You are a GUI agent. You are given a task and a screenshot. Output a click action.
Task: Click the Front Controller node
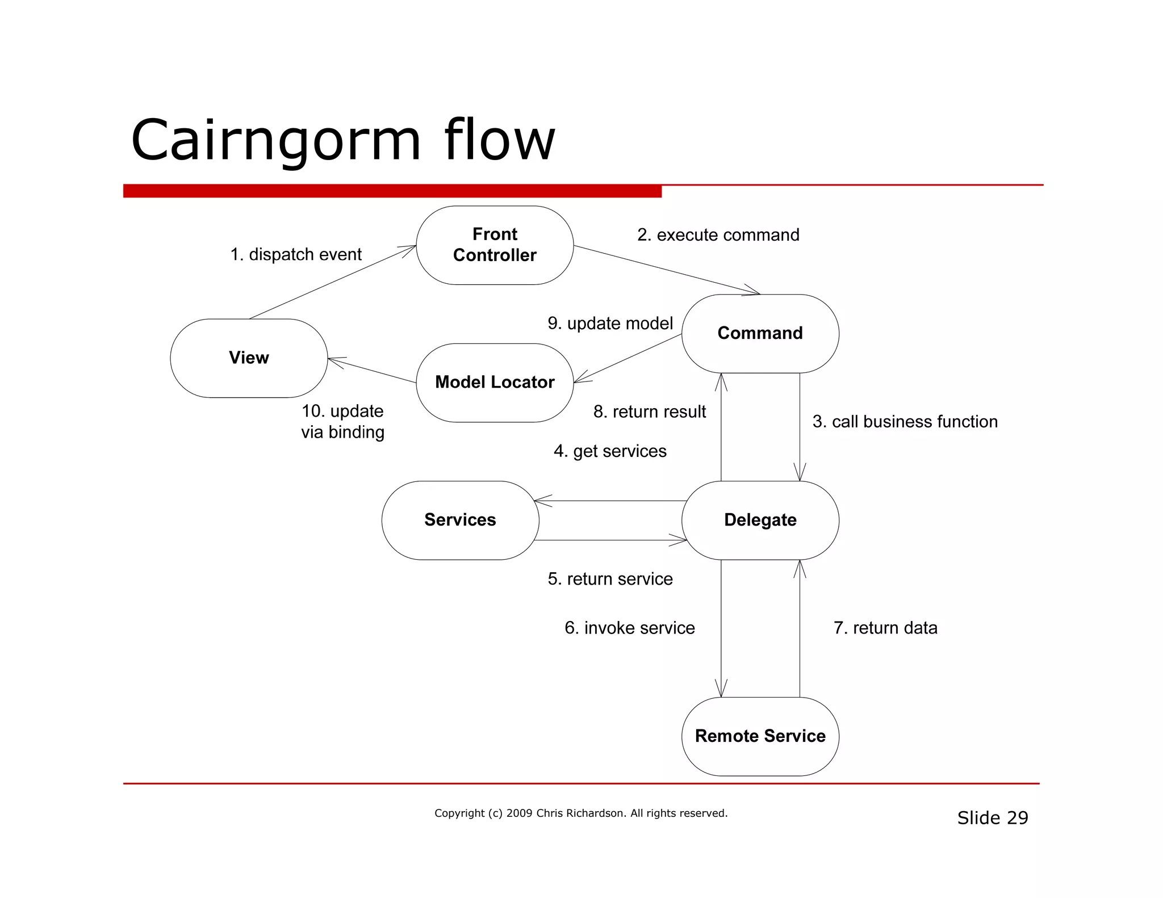coord(495,245)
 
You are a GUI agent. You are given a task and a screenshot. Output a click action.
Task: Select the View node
coord(249,358)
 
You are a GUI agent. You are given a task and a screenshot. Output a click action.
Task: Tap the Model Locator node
coord(495,383)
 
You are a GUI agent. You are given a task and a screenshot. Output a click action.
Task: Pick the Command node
coord(760,333)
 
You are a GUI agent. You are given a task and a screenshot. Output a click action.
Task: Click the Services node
coord(460,520)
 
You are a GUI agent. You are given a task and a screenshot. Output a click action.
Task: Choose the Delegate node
coord(760,520)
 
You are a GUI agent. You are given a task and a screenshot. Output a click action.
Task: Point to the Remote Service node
coord(760,736)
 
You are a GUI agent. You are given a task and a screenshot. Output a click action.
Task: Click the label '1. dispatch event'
coord(295,254)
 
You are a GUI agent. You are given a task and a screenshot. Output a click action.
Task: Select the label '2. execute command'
coord(718,235)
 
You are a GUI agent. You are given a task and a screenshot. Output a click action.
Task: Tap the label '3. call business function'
coord(905,422)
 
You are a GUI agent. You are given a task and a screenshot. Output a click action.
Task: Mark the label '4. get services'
coord(610,451)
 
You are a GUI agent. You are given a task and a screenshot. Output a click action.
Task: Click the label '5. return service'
coord(610,579)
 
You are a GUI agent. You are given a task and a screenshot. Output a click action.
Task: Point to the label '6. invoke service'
coord(629,628)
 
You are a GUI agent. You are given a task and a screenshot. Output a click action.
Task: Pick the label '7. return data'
coord(885,628)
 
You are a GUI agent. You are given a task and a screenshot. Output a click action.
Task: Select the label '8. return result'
coord(649,412)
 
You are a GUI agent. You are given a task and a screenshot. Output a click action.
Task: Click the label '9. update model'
coord(610,324)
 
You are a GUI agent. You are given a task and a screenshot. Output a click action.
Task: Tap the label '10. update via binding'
coord(342,422)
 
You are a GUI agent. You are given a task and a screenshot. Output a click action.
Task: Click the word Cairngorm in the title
coord(276,140)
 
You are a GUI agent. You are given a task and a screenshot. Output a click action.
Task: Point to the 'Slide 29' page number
coord(992,818)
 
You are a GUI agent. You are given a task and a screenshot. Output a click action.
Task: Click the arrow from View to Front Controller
coord(332,282)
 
